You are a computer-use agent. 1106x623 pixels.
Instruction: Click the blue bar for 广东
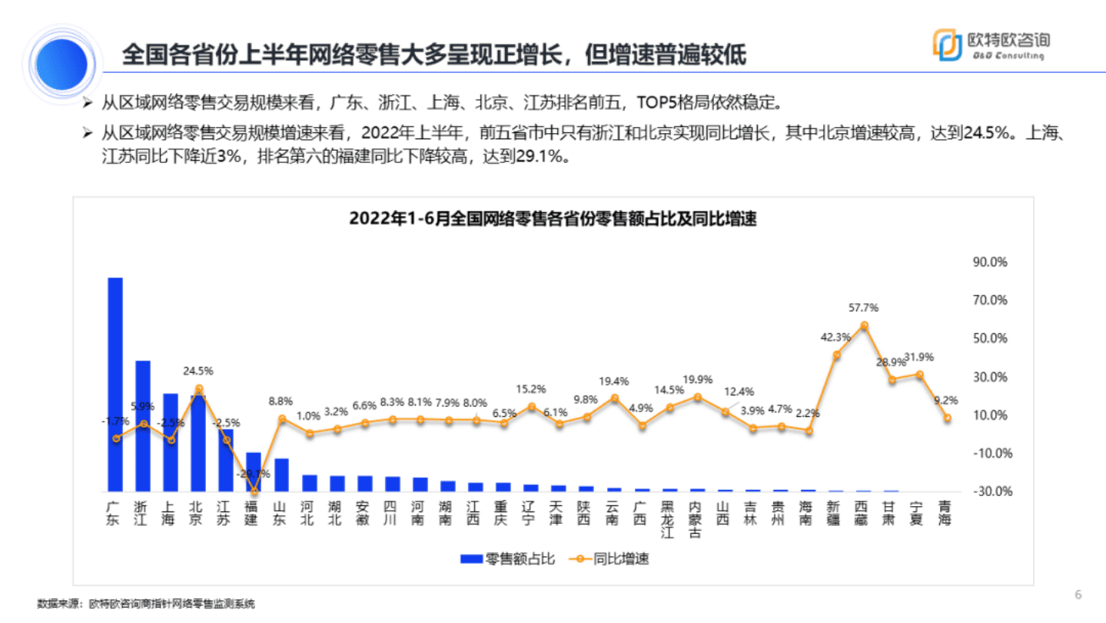[115, 385]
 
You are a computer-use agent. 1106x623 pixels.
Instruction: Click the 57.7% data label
[863, 308]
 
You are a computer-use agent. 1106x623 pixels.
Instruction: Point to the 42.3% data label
[835, 337]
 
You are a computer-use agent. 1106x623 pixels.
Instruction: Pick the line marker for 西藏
[864, 325]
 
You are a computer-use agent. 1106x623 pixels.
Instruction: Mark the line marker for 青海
[947, 418]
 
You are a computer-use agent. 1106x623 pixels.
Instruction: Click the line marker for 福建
[254, 492]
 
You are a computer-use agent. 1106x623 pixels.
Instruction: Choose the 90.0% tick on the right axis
[990, 262]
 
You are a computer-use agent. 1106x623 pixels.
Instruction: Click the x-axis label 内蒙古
[696, 520]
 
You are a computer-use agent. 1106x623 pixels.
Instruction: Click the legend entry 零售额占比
[507, 558]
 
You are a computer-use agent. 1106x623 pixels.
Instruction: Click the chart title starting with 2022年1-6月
[553, 218]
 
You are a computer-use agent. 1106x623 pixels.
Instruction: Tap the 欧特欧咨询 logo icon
[946, 45]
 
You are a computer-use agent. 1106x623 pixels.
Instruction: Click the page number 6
[1078, 595]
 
